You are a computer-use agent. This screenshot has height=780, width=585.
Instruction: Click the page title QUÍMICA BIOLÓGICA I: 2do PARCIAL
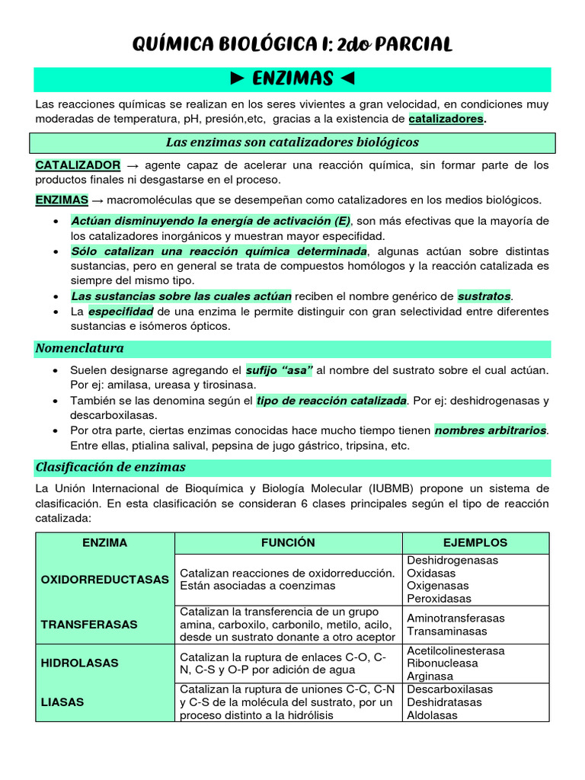292,45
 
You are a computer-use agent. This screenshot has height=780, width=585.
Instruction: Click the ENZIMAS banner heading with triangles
292,78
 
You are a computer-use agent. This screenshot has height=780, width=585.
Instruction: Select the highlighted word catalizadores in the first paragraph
446,119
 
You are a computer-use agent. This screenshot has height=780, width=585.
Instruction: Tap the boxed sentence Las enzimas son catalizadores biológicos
292,142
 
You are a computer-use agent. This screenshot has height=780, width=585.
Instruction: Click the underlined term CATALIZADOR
78,165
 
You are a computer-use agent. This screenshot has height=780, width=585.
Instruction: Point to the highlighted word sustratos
484,296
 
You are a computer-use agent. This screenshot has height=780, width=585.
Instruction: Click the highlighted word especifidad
121,312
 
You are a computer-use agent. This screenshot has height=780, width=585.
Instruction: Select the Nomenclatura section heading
80,348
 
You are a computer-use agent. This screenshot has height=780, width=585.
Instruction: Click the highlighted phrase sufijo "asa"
279,369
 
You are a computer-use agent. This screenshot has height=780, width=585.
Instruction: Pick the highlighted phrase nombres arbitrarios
491,430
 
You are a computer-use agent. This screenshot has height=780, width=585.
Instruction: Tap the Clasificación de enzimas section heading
110,467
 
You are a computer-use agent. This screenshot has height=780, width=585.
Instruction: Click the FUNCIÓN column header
288,543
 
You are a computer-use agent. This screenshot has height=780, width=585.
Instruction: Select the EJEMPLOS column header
475,543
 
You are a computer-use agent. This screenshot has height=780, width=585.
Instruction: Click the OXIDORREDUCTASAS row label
105,580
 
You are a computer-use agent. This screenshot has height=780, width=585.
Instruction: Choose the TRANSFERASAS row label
89,625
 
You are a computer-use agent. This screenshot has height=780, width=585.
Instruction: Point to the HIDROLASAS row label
79,663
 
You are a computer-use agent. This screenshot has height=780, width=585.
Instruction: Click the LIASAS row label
62,702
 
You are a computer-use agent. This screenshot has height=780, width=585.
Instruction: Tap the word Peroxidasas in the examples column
440,599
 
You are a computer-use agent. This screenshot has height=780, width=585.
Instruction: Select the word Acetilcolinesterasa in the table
456,651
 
